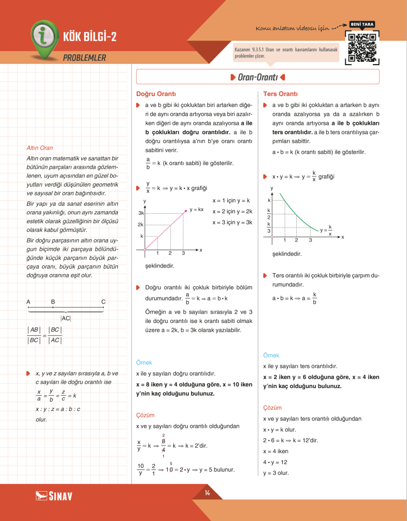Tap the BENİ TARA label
(x=362, y=24)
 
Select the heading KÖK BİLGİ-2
(x=90, y=37)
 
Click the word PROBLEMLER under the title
(x=84, y=58)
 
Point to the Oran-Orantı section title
(x=258, y=78)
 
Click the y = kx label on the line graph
(x=196, y=209)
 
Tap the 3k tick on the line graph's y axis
(x=141, y=213)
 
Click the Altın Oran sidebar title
(x=40, y=148)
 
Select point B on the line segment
(x=53, y=302)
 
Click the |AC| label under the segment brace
(x=66, y=319)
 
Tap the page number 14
(x=207, y=493)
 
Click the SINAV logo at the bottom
(x=54, y=495)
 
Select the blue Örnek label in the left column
(x=144, y=362)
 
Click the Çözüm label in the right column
(x=272, y=408)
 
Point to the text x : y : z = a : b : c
(x=58, y=409)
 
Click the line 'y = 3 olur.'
(x=276, y=473)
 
